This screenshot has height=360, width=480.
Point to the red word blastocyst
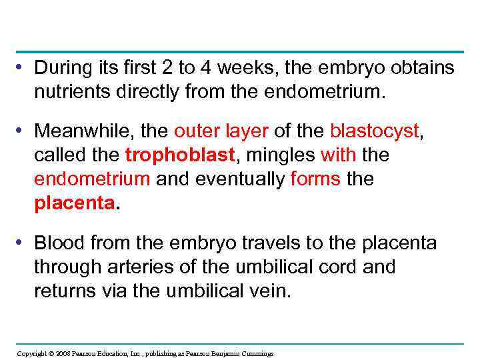point(375,132)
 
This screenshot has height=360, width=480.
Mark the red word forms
point(317,179)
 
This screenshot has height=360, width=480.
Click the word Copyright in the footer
point(31,353)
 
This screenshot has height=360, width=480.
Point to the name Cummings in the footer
point(257,353)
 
